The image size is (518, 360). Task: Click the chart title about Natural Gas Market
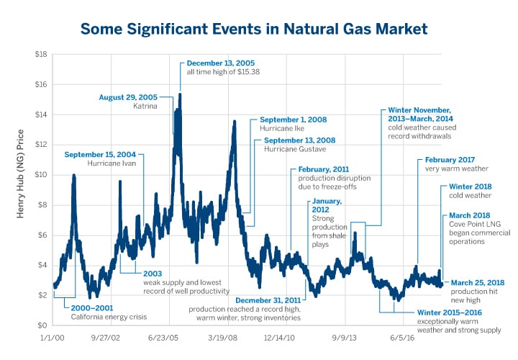click(x=254, y=29)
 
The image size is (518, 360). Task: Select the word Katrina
click(x=142, y=106)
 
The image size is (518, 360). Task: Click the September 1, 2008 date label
click(x=293, y=120)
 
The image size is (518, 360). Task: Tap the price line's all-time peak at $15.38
click(x=180, y=94)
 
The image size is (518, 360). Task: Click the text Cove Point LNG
click(x=471, y=224)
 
